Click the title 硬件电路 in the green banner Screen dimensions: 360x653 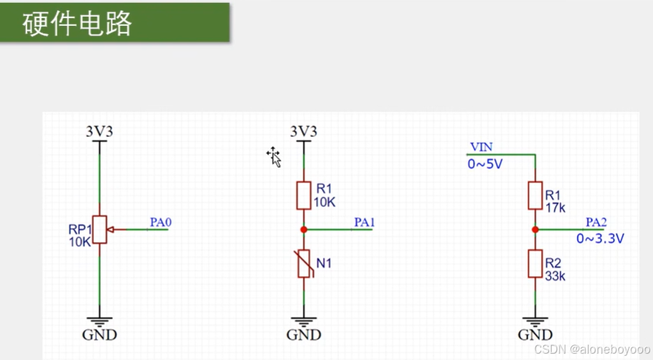point(78,24)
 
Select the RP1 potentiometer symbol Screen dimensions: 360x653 point(100,229)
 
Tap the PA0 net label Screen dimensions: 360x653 point(160,223)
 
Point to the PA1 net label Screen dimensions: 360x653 point(364,223)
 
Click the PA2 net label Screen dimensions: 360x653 point(596,223)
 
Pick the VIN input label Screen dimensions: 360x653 point(481,147)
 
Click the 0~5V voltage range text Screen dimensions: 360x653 point(485,165)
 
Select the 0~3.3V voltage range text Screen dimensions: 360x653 point(600,239)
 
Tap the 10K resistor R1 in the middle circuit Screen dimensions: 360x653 point(303,195)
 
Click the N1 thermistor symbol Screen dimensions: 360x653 point(304,264)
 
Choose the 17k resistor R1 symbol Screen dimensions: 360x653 point(535,195)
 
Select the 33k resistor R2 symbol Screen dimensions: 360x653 point(535,264)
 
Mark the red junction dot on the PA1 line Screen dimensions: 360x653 point(303,229)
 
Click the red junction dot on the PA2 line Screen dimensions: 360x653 point(535,229)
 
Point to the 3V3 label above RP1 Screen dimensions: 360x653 point(99,131)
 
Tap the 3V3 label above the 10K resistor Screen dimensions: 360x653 point(303,131)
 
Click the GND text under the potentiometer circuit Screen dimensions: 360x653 point(99,335)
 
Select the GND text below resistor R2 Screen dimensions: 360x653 point(535,335)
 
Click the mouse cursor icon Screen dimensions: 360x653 point(274,157)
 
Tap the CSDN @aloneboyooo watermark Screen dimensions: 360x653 point(591,348)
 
